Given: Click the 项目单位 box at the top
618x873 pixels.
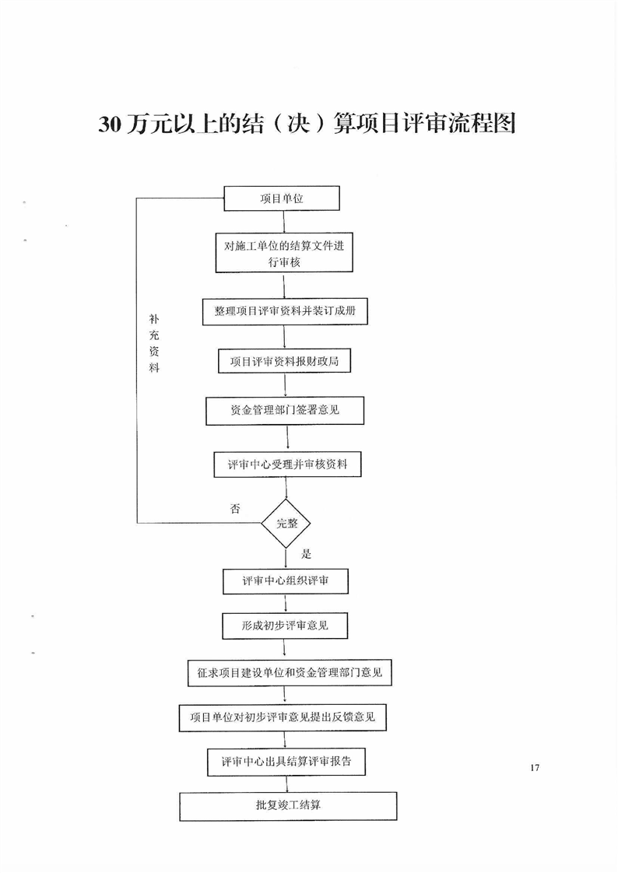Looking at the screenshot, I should (282, 198).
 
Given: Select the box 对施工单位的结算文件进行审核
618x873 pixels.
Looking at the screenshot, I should (283, 253).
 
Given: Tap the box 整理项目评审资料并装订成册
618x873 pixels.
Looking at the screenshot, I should (284, 312).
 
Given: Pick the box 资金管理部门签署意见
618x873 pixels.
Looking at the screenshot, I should (285, 411).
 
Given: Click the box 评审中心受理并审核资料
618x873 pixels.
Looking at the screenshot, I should (287, 465).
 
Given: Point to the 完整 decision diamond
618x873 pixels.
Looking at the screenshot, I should (287, 523).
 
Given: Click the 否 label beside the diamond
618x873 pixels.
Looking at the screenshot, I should (235, 509).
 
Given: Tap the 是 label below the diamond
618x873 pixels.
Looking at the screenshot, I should (306, 554).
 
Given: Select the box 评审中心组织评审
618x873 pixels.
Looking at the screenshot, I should (284, 580).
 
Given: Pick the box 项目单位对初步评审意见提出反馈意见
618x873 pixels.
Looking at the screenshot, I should (283, 717).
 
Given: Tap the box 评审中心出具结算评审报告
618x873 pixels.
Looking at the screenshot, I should (286, 762).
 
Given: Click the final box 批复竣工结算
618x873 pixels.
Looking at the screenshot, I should (288, 806).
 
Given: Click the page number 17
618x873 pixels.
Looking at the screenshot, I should (534, 769).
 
